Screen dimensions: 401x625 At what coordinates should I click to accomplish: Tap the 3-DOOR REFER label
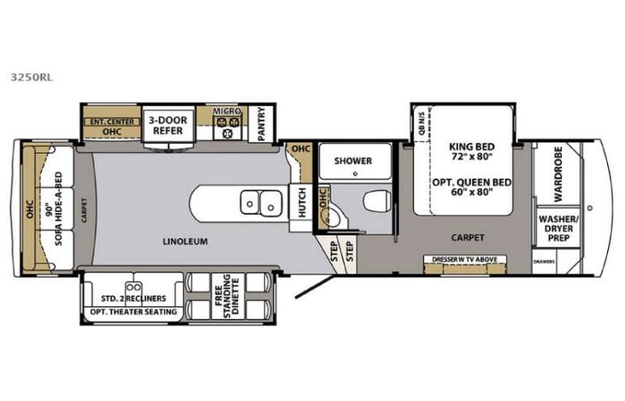point(168,126)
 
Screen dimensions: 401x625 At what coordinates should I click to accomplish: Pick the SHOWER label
point(351,160)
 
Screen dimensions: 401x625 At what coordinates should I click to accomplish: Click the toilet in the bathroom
point(374,202)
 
